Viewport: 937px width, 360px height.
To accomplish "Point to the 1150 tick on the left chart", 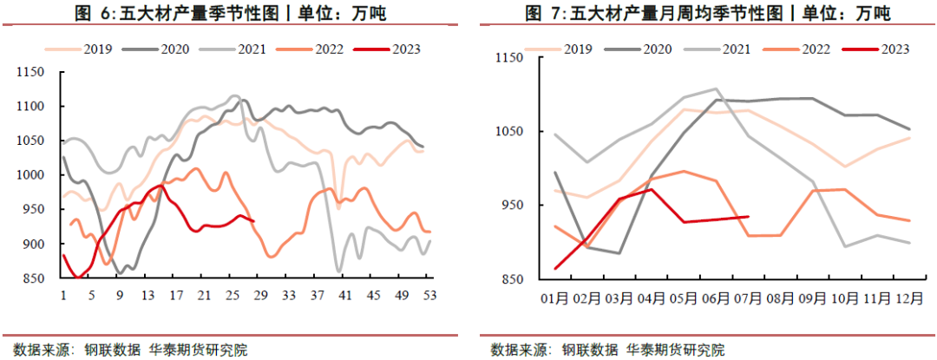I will [x=32, y=73].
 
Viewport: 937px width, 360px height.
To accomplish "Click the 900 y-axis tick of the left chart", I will [x=35, y=244].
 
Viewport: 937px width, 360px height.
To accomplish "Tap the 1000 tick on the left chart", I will [x=32, y=175].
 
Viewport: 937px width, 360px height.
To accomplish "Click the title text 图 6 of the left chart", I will [x=97, y=14].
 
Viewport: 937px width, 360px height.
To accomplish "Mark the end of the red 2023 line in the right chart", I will [x=748, y=217].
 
